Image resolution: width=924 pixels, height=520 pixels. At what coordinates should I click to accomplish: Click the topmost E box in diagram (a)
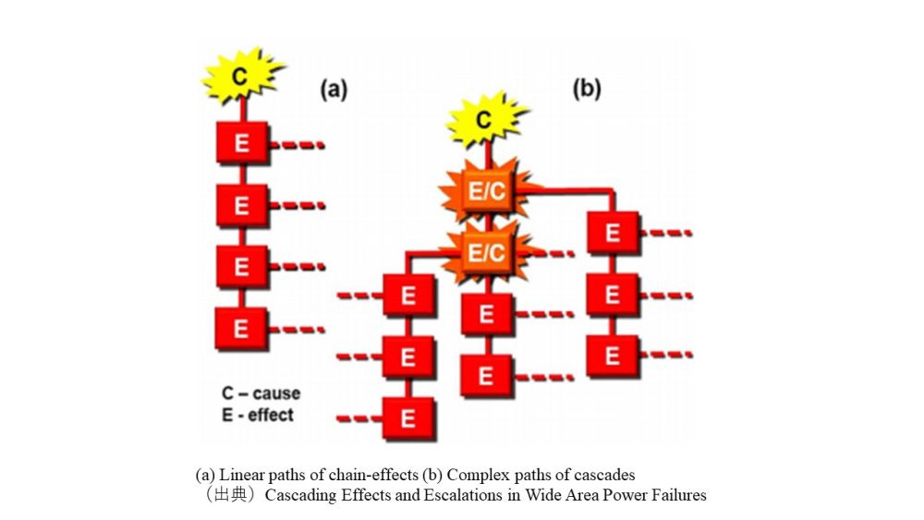pos(241,144)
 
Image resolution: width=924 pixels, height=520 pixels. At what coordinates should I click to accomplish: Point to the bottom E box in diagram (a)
pos(241,328)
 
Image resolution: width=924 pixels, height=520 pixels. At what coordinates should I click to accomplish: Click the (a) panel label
pos(333,90)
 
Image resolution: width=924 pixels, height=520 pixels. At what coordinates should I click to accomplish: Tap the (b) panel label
pos(587,89)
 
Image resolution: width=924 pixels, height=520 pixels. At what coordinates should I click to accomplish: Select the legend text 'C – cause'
pos(261,393)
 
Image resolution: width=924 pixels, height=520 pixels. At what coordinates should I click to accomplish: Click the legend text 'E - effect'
pos(258,415)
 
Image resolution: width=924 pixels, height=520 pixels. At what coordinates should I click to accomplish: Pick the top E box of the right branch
pos(612,235)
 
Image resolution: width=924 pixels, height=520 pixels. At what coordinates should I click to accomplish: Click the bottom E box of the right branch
pos(612,356)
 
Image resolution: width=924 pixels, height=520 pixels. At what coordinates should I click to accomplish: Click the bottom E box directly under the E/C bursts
pos(485,375)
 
